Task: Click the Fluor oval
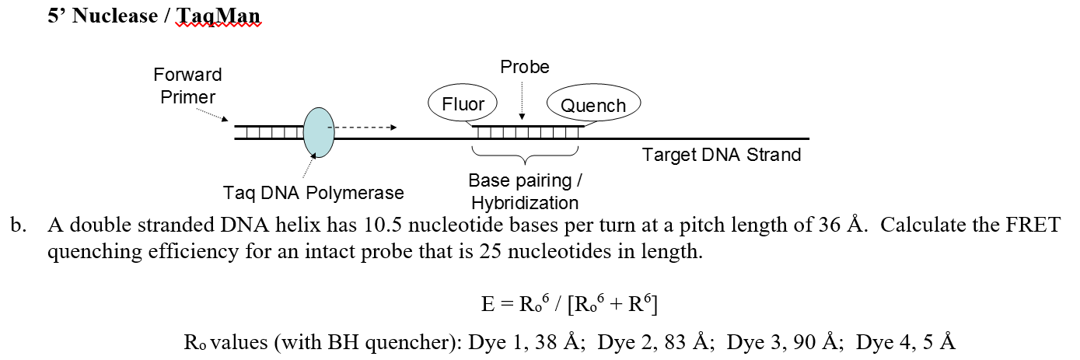(x=463, y=104)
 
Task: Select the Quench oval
(x=593, y=105)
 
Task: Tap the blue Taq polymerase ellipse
(x=318, y=132)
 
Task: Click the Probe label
(x=525, y=67)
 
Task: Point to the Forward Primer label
(x=187, y=86)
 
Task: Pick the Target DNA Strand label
(x=722, y=155)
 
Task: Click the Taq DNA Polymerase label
(x=313, y=192)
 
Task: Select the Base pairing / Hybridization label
(x=525, y=192)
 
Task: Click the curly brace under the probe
(x=526, y=156)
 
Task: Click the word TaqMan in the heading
(x=218, y=16)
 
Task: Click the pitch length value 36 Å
(x=841, y=226)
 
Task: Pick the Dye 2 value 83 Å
(x=687, y=341)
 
